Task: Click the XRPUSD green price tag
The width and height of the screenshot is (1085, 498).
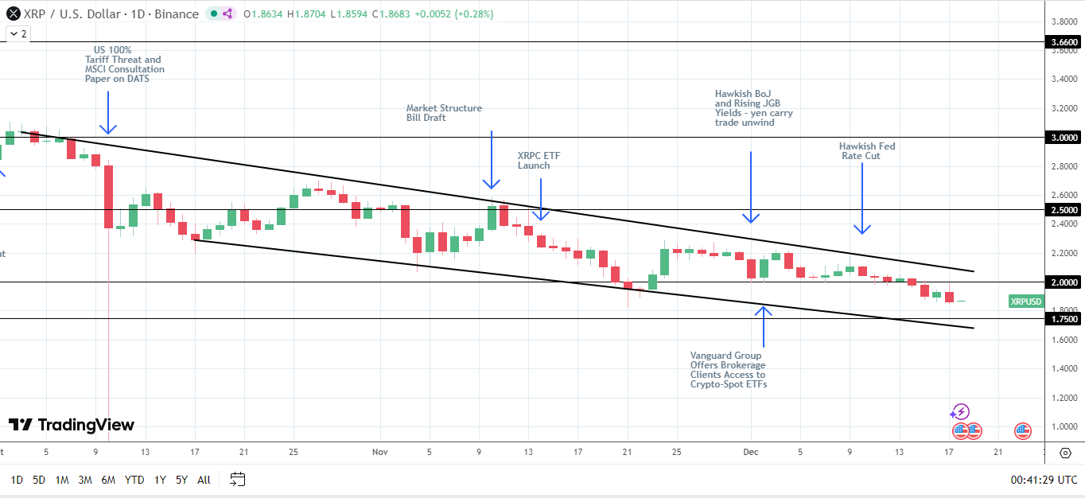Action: tap(1025, 302)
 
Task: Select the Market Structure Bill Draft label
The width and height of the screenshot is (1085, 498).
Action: tap(444, 113)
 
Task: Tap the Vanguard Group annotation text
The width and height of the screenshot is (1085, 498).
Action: tap(728, 370)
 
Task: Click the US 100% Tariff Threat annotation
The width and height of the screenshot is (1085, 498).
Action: tap(124, 64)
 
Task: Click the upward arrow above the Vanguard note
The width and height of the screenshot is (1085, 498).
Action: tap(764, 310)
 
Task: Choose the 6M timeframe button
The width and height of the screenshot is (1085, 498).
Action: tap(108, 480)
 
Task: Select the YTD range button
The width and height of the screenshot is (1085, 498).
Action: tap(134, 480)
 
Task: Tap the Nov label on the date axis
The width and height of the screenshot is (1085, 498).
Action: tap(379, 452)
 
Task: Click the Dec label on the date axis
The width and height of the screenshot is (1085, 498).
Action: tap(750, 452)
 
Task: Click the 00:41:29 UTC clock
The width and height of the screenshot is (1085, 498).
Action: tap(1044, 480)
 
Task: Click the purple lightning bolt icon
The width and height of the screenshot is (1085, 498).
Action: tap(959, 412)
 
